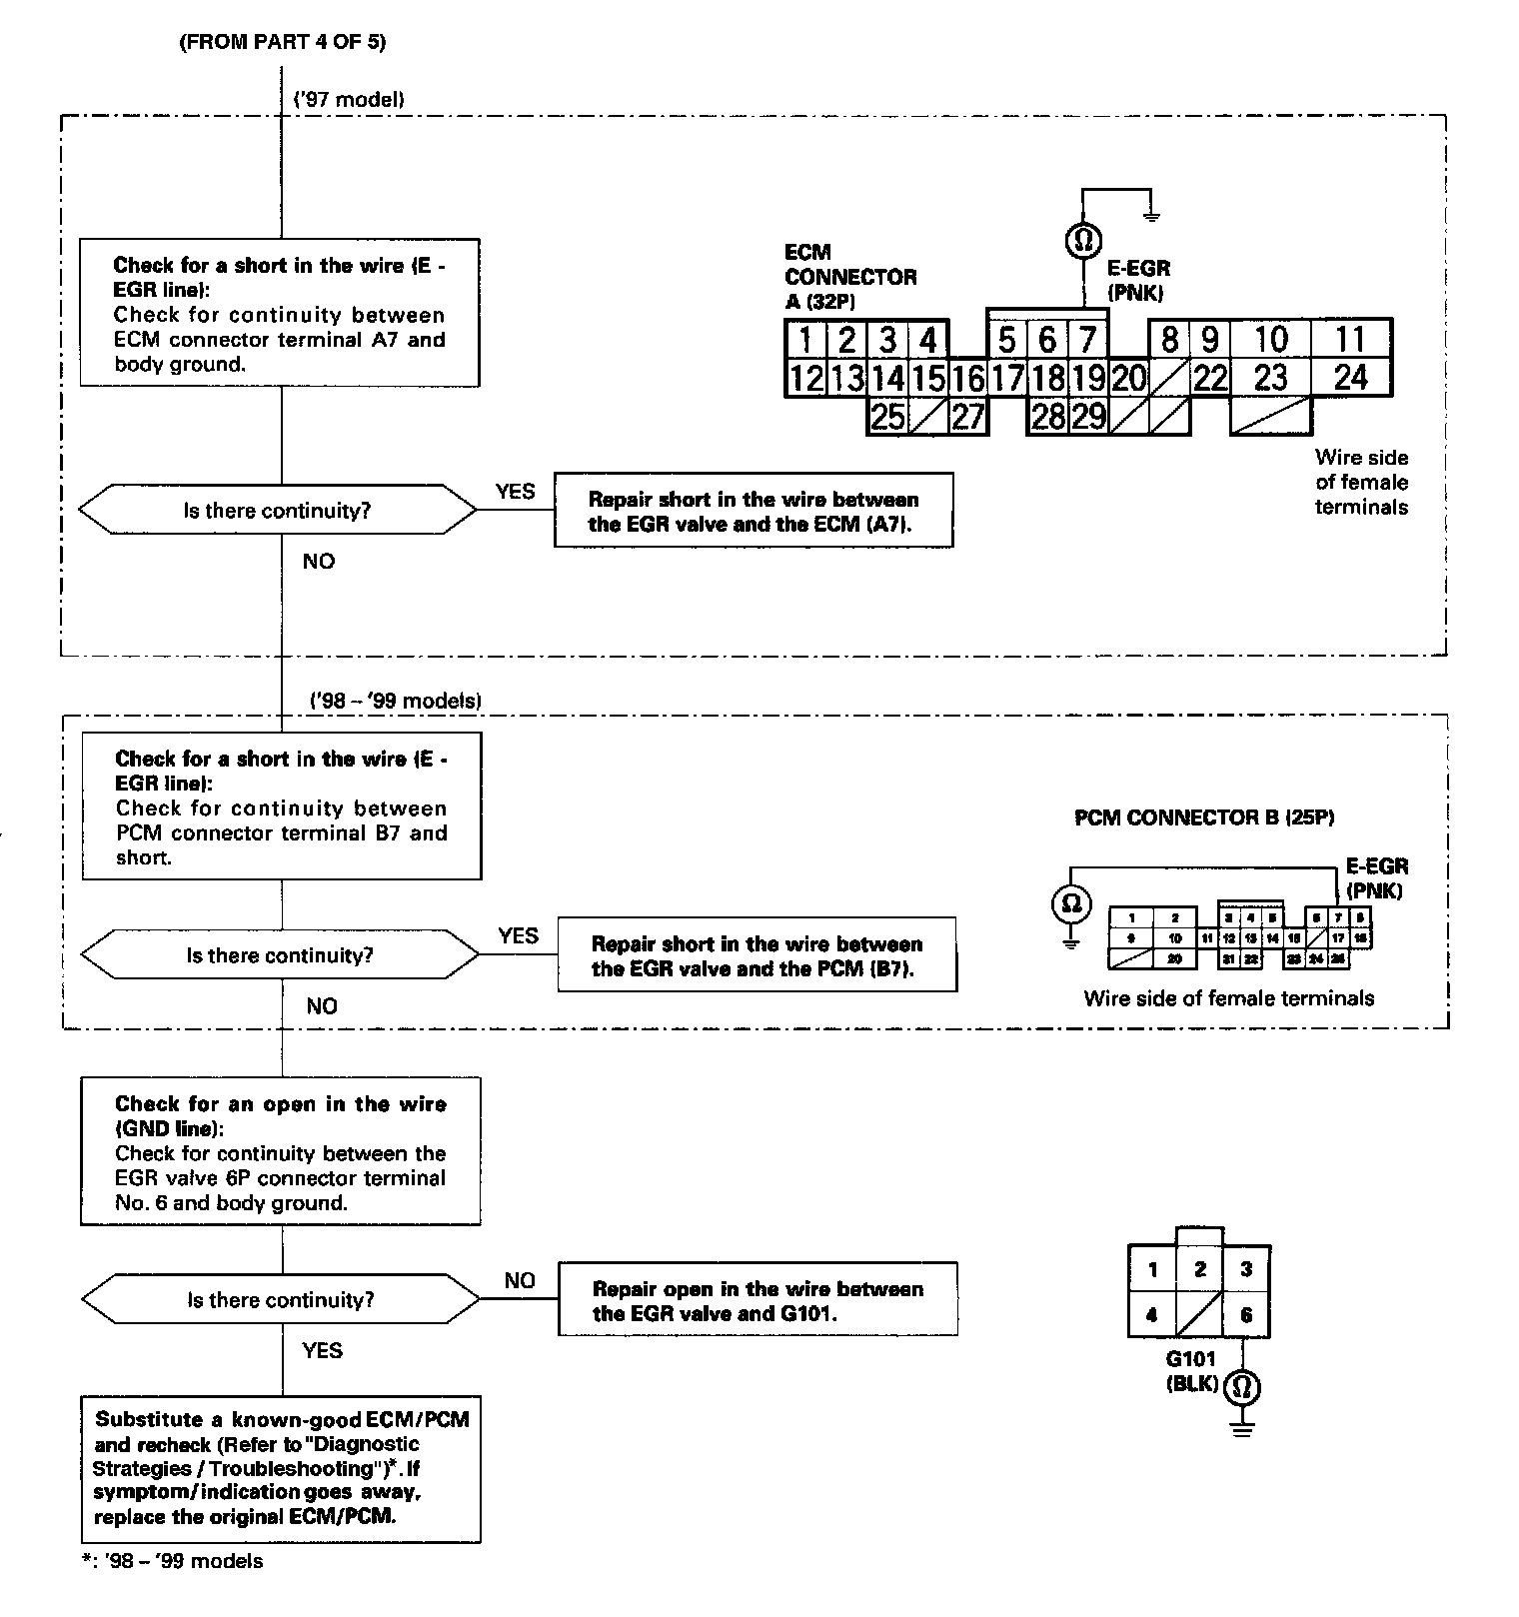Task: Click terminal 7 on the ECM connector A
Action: pyautogui.click(x=1086, y=340)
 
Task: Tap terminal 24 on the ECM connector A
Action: pyautogui.click(x=1350, y=378)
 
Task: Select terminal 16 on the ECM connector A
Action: pyautogui.click(x=967, y=379)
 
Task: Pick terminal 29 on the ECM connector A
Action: pyautogui.click(x=1087, y=416)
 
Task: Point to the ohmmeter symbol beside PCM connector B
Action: pyautogui.click(x=1071, y=904)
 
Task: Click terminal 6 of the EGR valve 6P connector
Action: pyautogui.click(x=1246, y=1315)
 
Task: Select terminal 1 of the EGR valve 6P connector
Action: pyautogui.click(x=1152, y=1270)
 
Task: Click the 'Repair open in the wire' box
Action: pyautogui.click(x=758, y=1300)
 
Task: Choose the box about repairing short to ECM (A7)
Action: pyautogui.click(x=754, y=511)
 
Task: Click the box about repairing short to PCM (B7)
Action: pyautogui.click(x=757, y=955)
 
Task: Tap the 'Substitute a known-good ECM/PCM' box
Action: pyautogui.click(x=281, y=1468)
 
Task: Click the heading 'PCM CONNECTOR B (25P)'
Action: pyautogui.click(x=1204, y=817)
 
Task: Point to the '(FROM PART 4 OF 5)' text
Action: pyautogui.click(x=282, y=42)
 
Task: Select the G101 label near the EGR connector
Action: pyautogui.click(x=1190, y=1359)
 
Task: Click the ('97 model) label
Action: pyautogui.click(x=349, y=99)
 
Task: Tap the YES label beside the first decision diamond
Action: pyautogui.click(x=515, y=492)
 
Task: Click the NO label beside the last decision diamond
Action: pyautogui.click(x=520, y=1280)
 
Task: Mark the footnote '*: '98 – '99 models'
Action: pyautogui.click(x=173, y=1561)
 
